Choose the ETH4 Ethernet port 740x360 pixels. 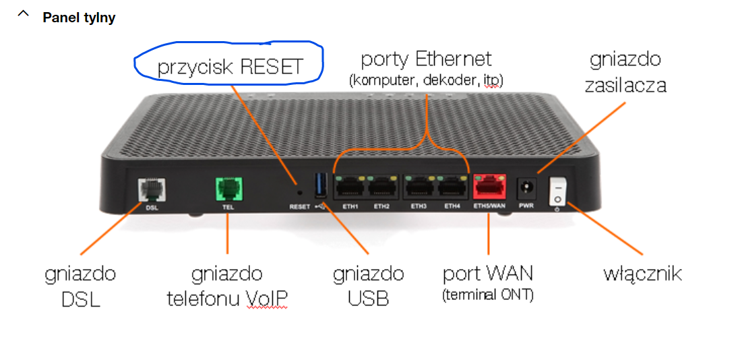click(452, 187)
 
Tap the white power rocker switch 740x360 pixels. click(558, 191)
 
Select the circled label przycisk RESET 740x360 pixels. click(229, 67)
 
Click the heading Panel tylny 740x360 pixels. click(79, 18)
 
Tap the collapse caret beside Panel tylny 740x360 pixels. click(24, 15)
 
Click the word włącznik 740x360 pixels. click(642, 274)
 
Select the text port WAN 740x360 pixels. click(488, 274)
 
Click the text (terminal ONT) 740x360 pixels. click(488, 295)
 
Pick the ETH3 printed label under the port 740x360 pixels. click(419, 206)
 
